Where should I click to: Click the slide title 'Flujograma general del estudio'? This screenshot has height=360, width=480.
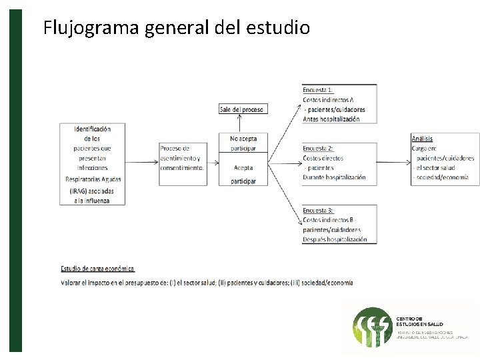pos(176,28)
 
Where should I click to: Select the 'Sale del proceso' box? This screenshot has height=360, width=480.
pos(243,109)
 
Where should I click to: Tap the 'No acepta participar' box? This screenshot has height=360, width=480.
pos(243,143)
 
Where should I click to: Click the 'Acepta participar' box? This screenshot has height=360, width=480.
pos(243,174)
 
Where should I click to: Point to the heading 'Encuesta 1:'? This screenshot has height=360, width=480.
pos(318,89)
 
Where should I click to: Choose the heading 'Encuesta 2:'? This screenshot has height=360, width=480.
pos(318,148)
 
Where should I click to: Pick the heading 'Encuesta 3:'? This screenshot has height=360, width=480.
pos(318,210)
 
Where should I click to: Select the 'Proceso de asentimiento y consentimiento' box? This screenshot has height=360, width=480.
pos(181,158)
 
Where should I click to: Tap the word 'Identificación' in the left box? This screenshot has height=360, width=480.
pos(93,128)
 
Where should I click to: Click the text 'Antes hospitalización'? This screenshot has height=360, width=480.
pos(331,119)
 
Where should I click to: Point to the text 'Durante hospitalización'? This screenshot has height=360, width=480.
pos(334,177)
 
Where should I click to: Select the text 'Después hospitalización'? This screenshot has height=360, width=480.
pos(335,239)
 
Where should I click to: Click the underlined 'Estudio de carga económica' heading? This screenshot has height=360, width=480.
pos(98,269)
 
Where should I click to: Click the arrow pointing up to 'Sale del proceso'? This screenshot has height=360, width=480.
pos(243,123)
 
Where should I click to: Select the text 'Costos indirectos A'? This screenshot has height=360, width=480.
pos(328,99)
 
